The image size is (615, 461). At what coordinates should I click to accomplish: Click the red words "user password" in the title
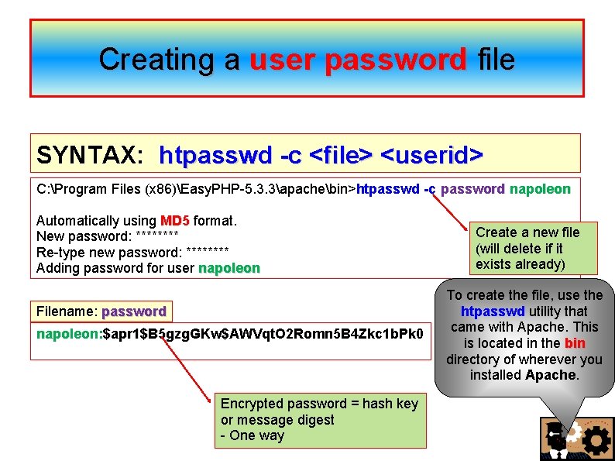[359, 60]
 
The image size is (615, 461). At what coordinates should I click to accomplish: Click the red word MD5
[175, 221]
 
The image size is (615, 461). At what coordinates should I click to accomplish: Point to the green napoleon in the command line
[540, 188]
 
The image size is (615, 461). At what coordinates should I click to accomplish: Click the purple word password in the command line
[473, 188]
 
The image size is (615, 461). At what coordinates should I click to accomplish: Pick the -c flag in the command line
[429, 188]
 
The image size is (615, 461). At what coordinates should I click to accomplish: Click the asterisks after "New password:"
[157, 237]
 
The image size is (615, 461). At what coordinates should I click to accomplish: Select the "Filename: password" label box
[101, 311]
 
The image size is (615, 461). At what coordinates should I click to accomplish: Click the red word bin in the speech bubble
[575, 343]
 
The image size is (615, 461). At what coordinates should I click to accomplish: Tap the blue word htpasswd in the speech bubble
[492, 311]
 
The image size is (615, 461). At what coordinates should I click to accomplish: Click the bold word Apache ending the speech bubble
[551, 375]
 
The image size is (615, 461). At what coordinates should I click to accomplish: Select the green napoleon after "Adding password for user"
[228, 269]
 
